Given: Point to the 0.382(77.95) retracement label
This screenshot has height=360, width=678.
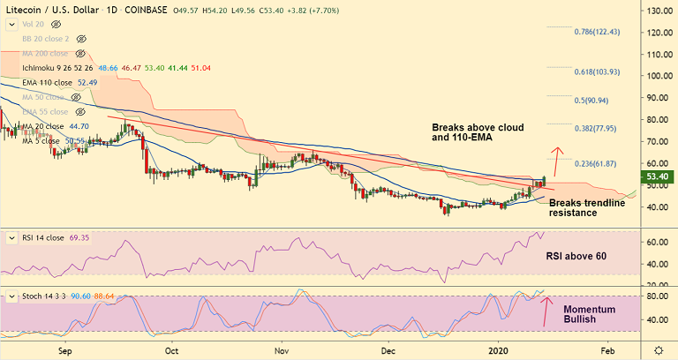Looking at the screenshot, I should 597,128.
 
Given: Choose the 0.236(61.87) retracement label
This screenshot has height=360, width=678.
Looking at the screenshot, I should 597,163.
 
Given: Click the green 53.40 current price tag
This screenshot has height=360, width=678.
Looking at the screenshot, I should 659,177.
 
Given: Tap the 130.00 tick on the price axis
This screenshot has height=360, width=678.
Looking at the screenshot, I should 658,11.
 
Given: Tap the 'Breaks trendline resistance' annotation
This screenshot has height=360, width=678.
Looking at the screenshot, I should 587,208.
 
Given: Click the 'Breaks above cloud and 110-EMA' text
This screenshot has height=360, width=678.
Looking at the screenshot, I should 478,132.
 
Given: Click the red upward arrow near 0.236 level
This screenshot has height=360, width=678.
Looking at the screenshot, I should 556,161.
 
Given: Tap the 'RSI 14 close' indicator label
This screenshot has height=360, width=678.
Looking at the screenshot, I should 44,238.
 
